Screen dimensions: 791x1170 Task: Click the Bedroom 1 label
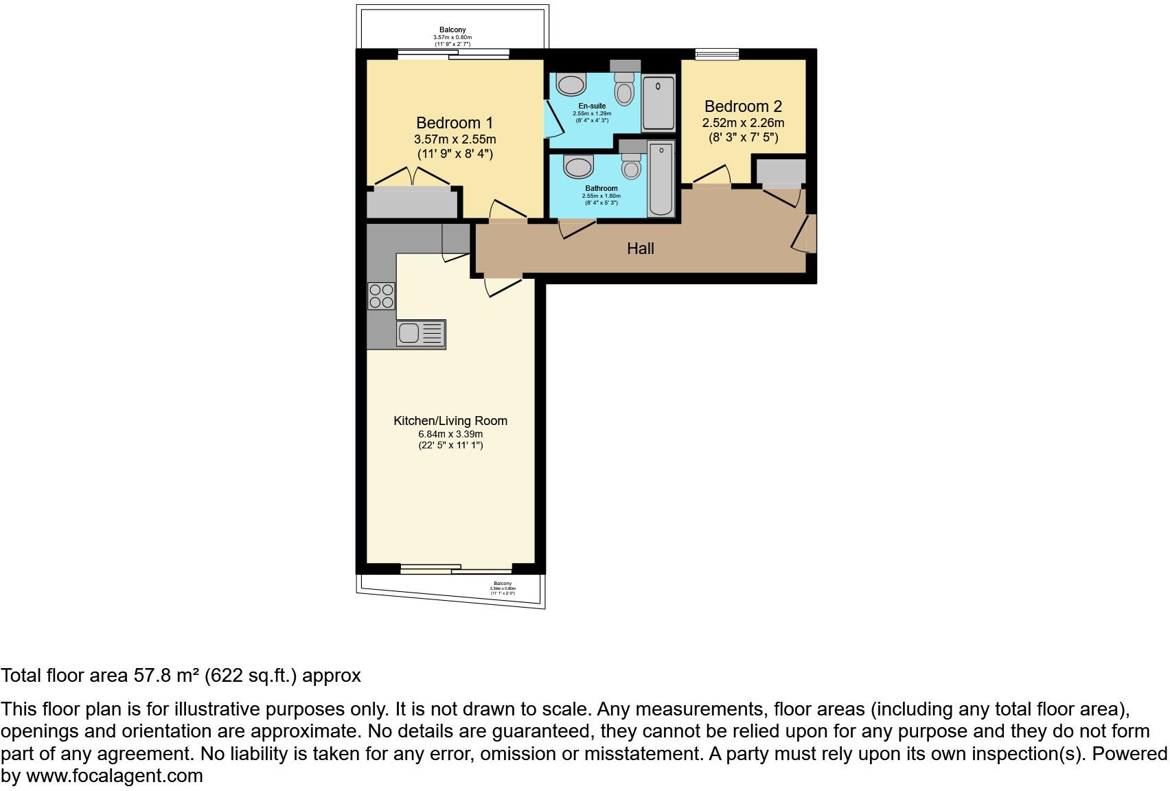pos(455,123)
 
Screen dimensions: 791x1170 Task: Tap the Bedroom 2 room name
pos(743,106)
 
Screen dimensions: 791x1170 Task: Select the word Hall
pos(640,249)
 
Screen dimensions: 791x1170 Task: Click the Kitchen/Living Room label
pos(450,421)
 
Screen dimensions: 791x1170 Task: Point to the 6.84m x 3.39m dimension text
pos(450,434)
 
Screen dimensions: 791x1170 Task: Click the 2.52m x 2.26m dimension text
pos(743,123)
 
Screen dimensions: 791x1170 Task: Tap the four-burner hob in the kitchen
pos(381,296)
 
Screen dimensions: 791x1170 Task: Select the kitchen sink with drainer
pos(420,334)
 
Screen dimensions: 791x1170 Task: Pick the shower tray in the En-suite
pos(658,103)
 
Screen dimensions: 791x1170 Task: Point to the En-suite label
pos(591,106)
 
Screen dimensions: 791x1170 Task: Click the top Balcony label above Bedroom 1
pos(452,30)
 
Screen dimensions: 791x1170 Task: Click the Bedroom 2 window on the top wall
pos(717,54)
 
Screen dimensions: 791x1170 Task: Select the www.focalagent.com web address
pos(114,776)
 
